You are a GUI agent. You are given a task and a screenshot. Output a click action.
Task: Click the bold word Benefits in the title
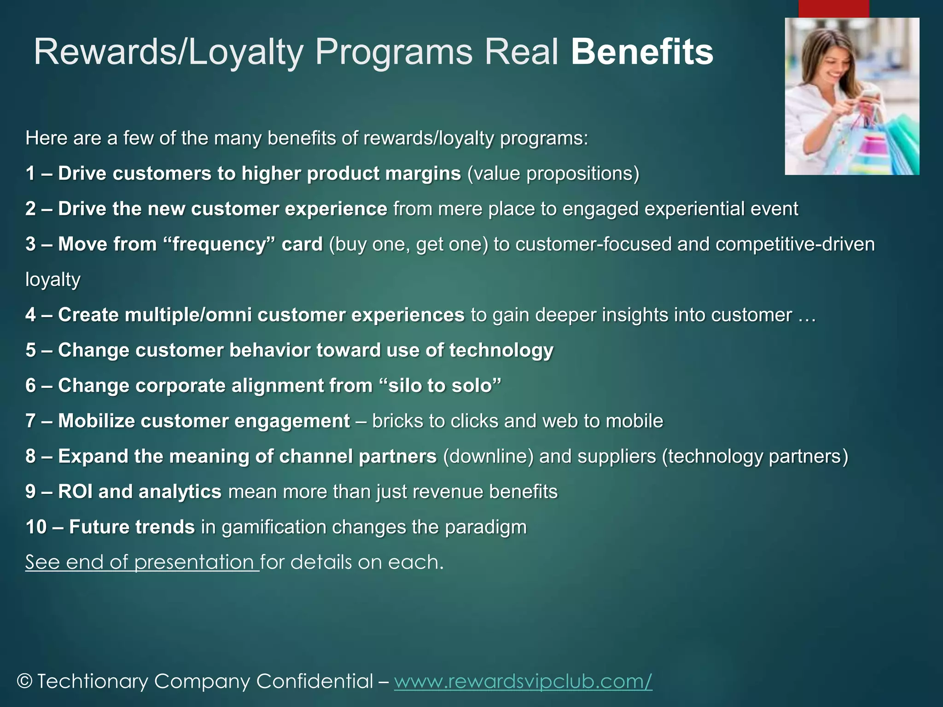pyautogui.click(x=642, y=52)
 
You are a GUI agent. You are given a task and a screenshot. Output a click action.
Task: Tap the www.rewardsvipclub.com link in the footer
pyautogui.click(x=523, y=681)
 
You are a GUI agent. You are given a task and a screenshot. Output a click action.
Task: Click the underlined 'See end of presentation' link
pyautogui.click(x=142, y=562)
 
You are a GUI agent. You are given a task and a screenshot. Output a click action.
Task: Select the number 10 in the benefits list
pyautogui.click(x=36, y=527)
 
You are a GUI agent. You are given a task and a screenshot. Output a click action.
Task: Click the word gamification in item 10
pyautogui.click(x=274, y=527)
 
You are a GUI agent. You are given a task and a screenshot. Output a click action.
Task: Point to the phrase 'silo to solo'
pyautogui.click(x=441, y=386)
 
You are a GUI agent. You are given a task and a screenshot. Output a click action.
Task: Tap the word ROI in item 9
pyautogui.click(x=75, y=492)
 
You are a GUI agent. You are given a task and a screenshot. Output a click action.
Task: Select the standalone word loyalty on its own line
pyautogui.click(x=52, y=280)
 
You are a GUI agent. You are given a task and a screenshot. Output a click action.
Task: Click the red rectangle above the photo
pyautogui.click(x=833, y=8)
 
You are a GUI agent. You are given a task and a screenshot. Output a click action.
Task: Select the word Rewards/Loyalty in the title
pyautogui.click(x=169, y=52)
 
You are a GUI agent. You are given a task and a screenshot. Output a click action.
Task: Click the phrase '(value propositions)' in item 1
pyautogui.click(x=553, y=174)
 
